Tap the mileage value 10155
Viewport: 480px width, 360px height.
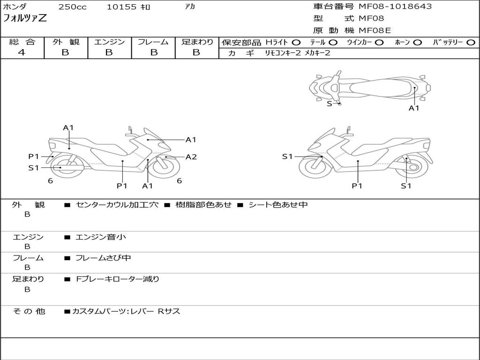click(121, 7)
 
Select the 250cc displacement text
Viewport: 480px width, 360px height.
click(72, 7)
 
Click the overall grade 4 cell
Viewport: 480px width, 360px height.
click(22, 52)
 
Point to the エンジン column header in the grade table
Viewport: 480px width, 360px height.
click(109, 42)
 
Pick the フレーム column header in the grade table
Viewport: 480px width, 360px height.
click(153, 42)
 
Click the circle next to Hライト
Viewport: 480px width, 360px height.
click(296, 43)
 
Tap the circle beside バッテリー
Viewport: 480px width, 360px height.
click(472, 43)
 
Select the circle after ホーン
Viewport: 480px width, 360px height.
click(418, 43)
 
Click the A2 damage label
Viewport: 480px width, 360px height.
click(191, 157)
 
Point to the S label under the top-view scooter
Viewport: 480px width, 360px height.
click(329, 104)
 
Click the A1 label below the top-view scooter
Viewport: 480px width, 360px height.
click(414, 108)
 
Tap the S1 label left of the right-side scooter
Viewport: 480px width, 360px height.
click(287, 157)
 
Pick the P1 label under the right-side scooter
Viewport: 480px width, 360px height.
click(358, 186)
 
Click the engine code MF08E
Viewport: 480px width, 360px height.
click(375, 30)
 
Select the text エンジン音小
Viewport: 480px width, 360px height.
click(101, 237)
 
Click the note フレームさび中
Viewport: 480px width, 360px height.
click(103, 258)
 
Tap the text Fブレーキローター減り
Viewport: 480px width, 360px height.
click(118, 279)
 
